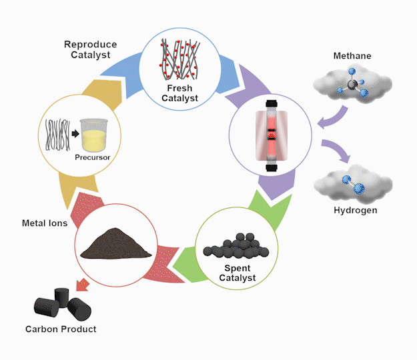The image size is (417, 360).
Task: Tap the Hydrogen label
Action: [356, 211]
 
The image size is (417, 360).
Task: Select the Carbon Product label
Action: [61, 329]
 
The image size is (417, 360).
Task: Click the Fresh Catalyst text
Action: [180, 94]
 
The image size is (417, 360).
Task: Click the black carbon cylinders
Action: [62, 305]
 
